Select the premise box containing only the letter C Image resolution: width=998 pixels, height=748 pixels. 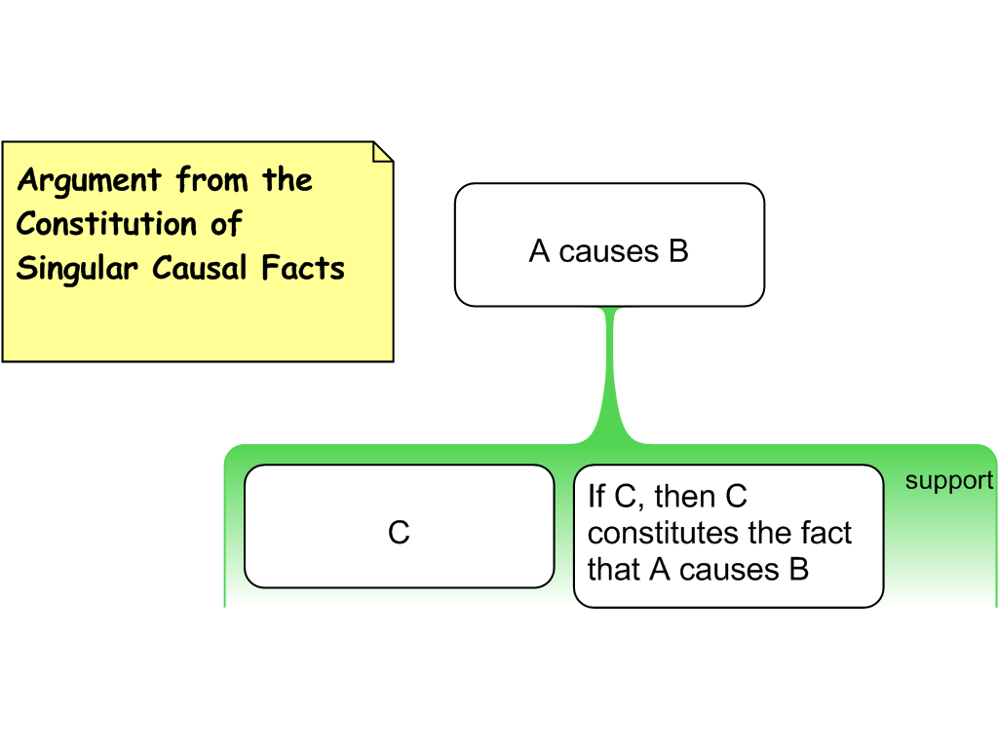pos(399,527)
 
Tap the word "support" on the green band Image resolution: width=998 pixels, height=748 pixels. pos(948,480)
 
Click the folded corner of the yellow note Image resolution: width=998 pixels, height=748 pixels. pos(382,152)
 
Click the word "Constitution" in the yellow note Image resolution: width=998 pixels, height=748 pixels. pos(106,224)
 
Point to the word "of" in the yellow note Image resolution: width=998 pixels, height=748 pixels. pos(226,224)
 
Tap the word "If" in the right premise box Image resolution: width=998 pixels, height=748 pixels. pos(595,497)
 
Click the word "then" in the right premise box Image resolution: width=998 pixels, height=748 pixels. pos(686,497)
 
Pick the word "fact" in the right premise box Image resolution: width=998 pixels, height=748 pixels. pos(825,533)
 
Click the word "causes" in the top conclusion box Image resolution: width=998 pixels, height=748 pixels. pos(609,251)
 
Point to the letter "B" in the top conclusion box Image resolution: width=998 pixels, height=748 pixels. pos(678,251)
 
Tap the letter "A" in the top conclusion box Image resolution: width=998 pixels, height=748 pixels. pos(540,251)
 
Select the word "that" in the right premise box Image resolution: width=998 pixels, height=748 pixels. pos(614,569)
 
